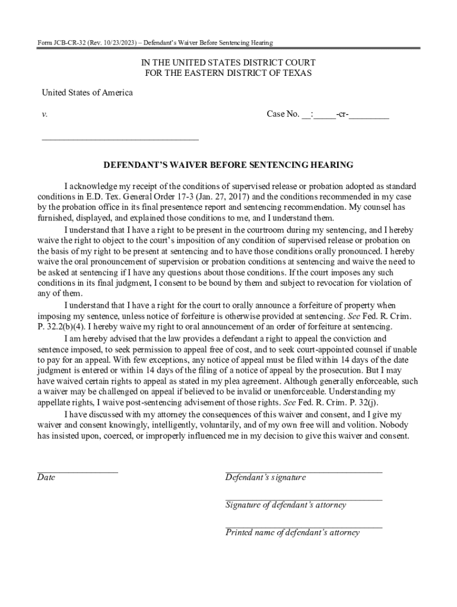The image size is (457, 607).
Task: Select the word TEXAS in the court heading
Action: point(296,73)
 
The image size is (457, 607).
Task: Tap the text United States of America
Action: point(87,92)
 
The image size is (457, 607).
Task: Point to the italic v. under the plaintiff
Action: point(45,114)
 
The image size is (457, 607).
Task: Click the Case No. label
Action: point(283,114)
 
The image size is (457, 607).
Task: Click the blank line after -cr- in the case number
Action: point(369,116)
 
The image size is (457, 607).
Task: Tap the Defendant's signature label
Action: point(265,477)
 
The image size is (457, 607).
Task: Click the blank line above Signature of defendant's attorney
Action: point(303,500)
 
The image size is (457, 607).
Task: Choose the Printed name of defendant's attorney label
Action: point(293,532)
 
